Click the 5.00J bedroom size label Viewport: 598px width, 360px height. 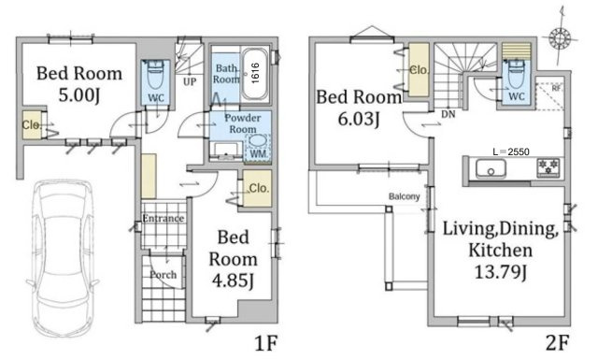pos(78,95)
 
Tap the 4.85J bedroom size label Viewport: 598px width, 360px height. pos(233,281)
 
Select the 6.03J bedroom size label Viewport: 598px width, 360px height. pos(359,119)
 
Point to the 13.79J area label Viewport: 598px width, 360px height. pos(500,272)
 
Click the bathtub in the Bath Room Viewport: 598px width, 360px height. pos(255,74)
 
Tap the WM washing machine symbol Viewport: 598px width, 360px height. pos(258,148)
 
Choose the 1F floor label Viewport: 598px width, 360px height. pos(265,343)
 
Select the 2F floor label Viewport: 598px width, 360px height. pos(558,343)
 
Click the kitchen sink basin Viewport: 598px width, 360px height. pos(491,168)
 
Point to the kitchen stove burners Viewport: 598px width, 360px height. pos(548,167)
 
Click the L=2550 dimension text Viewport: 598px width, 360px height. pos(511,151)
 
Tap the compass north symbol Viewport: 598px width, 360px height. pos(560,38)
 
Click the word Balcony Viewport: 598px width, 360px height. pos(404,196)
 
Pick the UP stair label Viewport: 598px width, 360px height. pos(190,81)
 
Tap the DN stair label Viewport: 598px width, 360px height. pos(448,114)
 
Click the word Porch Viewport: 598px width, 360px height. pos(163,275)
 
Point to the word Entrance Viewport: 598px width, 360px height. pos(164,219)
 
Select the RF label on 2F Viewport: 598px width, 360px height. pos(556,88)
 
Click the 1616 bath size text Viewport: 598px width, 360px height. pos(255,73)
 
